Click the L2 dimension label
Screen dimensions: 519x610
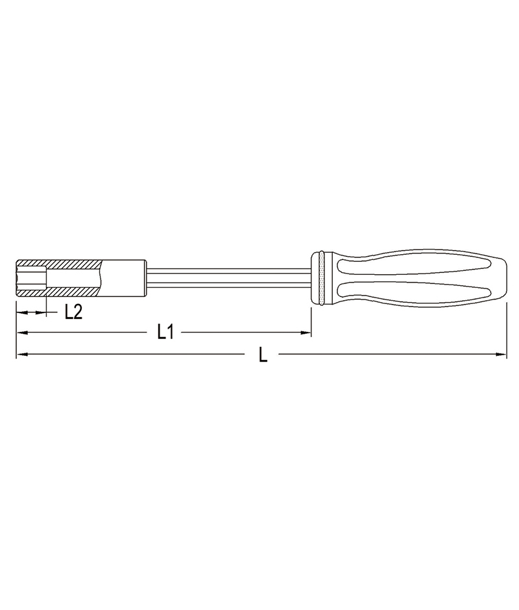[x=73, y=312]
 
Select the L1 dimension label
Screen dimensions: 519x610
[x=165, y=333]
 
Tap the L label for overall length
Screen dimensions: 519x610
[x=263, y=355]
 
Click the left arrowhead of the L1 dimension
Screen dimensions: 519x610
[x=22, y=333]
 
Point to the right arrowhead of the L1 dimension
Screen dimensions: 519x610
[x=306, y=333]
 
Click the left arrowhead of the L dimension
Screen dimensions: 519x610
[x=22, y=355]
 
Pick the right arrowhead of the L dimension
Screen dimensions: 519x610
[x=501, y=355]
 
